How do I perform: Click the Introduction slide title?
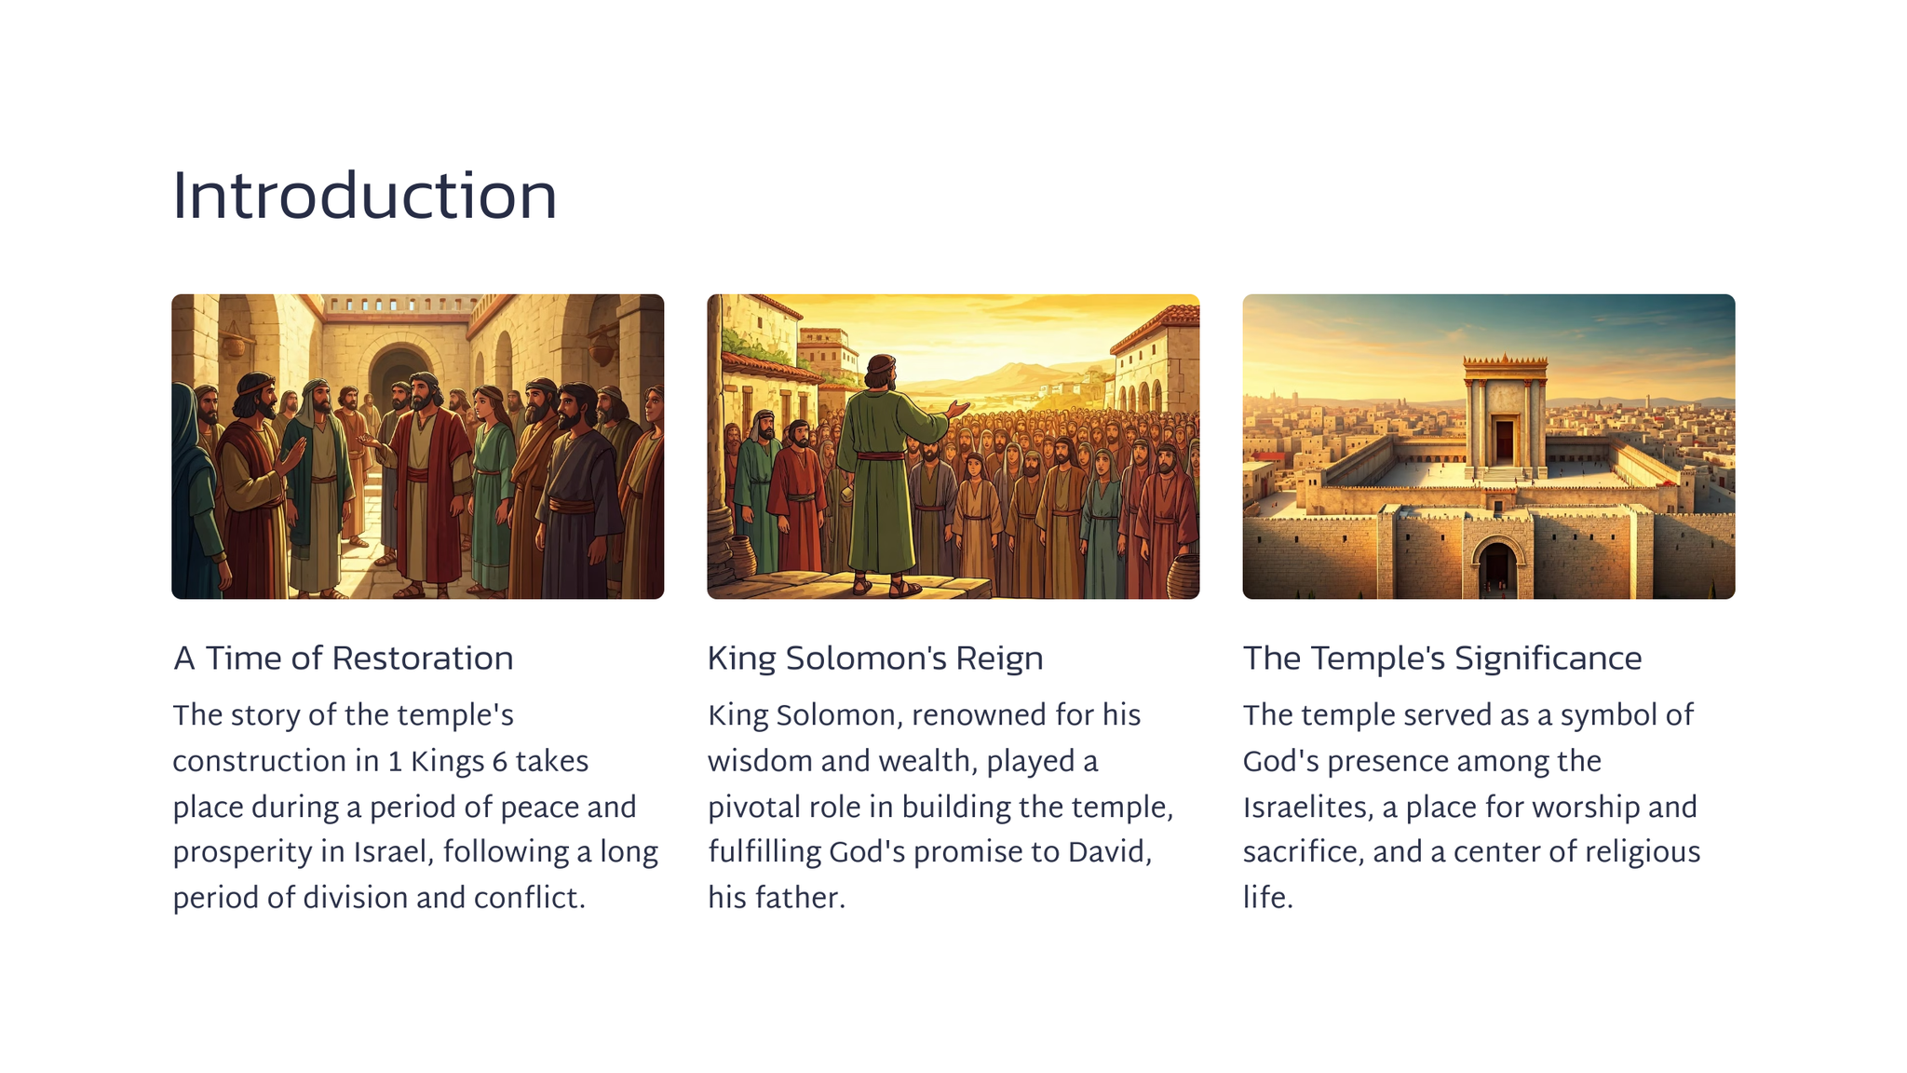(x=364, y=197)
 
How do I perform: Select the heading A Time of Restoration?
(x=343, y=659)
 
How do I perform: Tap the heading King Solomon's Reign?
(x=875, y=659)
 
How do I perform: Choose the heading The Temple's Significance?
(x=1442, y=659)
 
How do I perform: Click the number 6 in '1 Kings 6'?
(x=499, y=762)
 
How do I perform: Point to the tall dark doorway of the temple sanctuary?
(x=1504, y=440)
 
